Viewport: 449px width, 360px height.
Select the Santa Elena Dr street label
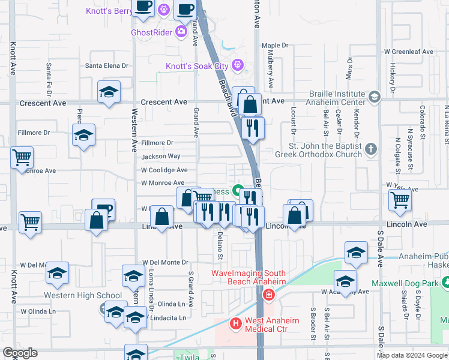click(107, 66)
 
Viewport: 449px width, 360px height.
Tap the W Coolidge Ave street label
click(164, 170)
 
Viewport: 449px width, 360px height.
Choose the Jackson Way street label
click(161, 157)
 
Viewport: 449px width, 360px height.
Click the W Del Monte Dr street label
click(165, 263)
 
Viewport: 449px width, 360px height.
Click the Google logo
click(20, 353)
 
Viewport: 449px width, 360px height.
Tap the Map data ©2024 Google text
click(412, 355)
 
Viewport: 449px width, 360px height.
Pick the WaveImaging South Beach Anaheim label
click(248, 277)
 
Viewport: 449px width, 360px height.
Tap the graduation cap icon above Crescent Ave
click(109, 92)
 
